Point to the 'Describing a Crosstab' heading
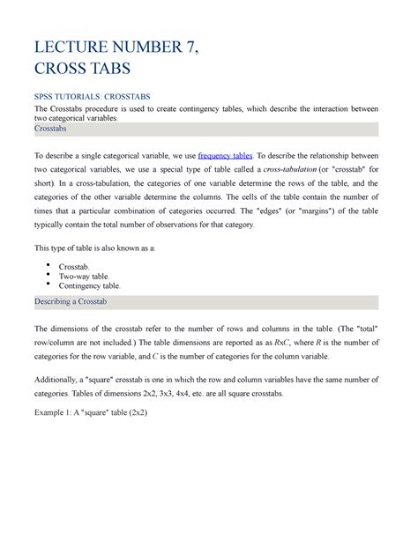(x=76, y=302)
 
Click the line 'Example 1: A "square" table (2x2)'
(x=99, y=411)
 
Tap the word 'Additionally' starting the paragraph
(x=63, y=379)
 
